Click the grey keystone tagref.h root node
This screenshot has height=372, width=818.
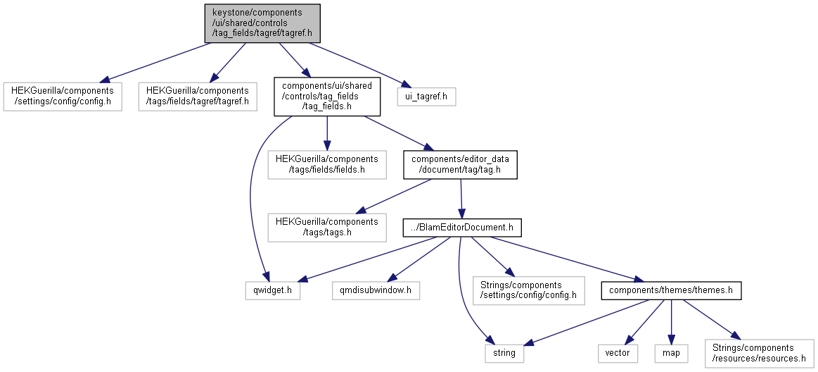click(262, 23)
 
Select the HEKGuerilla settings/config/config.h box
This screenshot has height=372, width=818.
click(63, 96)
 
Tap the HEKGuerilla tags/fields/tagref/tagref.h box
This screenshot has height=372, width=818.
click(198, 96)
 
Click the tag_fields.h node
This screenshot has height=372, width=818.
click(327, 97)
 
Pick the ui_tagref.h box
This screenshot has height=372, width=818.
click(426, 96)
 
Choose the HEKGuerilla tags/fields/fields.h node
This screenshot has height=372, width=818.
click(327, 165)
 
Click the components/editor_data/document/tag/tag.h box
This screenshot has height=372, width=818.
click(460, 165)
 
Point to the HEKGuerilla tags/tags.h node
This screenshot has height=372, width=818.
click(327, 228)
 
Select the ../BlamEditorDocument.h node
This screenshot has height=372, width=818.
click(462, 228)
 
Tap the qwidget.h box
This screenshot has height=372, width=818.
click(273, 290)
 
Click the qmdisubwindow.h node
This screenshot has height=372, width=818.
click(376, 290)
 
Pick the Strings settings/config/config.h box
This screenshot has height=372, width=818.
click(529, 290)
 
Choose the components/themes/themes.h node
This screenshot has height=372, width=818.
click(671, 290)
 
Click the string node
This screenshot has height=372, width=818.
click(504, 353)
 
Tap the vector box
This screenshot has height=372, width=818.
click(618, 353)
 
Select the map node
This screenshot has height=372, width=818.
click(671, 353)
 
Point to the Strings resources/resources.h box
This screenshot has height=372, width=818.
click(759, 353)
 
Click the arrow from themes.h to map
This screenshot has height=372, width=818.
click(671, 321)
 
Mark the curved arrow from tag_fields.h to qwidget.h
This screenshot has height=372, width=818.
click(253, 193)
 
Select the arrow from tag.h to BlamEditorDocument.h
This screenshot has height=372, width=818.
click(461, 199)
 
